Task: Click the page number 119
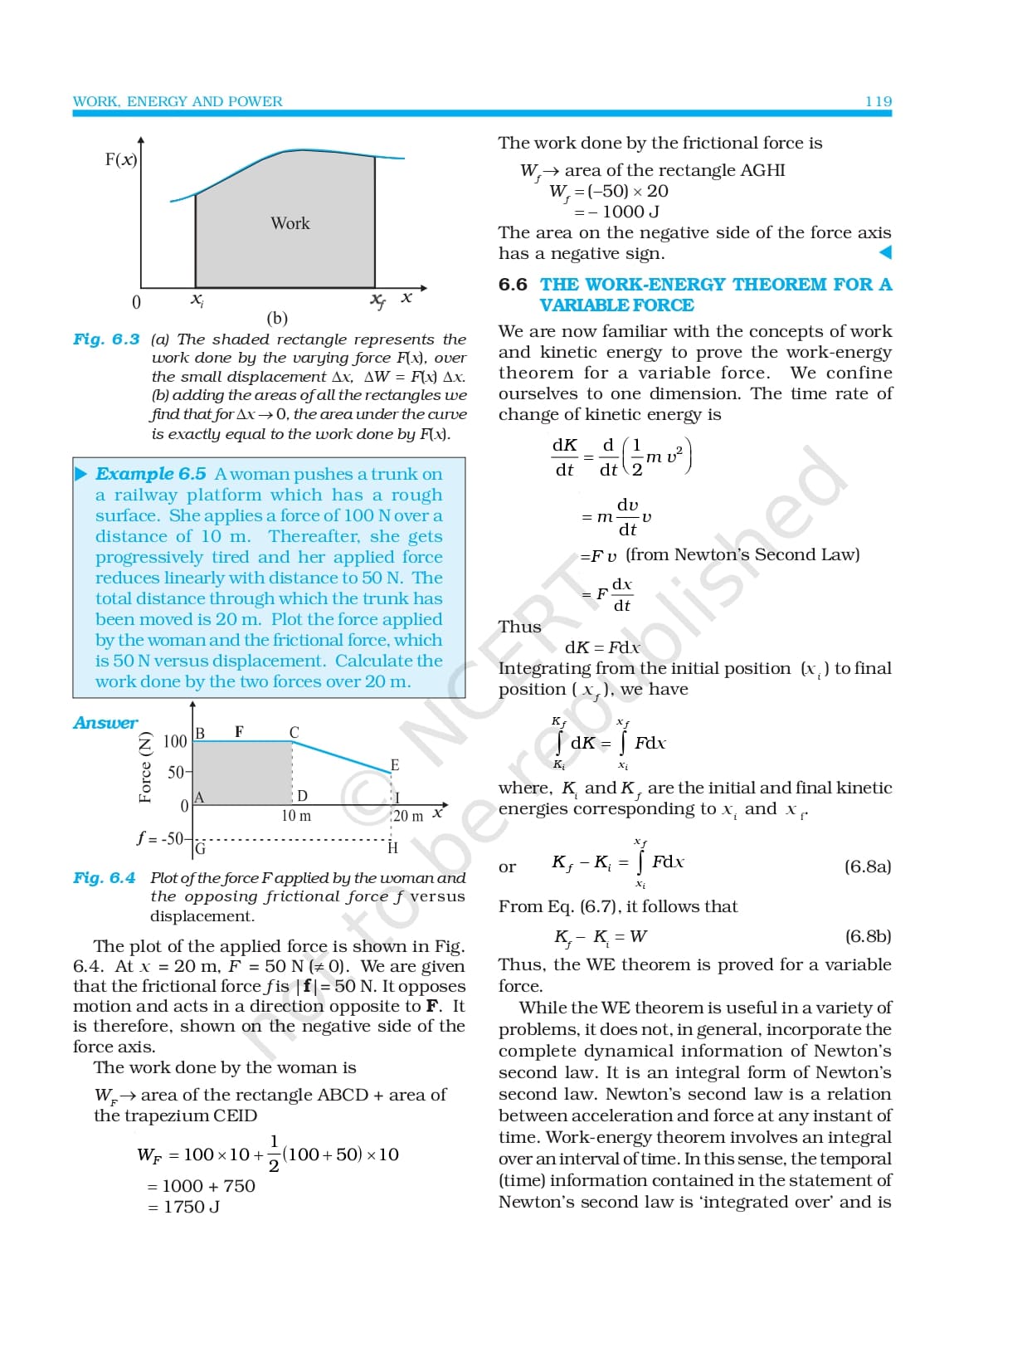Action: tap(878, 101)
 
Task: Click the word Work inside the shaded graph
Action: tap(290, 223)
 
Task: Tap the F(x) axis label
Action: tap(121, 159)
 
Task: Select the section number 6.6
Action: tap(513, 285)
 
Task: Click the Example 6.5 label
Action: tap(150, 474)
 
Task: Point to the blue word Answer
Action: tap(105, 723)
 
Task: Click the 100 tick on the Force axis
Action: tap(175, 741)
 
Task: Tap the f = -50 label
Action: tap(161, 838)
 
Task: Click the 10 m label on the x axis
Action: tap(296, 816)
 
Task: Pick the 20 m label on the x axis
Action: tap(407, 816)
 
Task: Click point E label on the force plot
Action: tap(395, 765)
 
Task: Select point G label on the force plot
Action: tap(200, 848)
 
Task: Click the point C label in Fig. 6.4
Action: tap(294, 732)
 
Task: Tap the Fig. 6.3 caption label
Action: tap(106, 339)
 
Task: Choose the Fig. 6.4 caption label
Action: tap(104, 878)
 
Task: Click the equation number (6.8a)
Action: tap(868, 866)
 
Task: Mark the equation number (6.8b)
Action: tap(868, 936)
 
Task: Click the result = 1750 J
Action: tap(184, 1207)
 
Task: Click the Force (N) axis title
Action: tap(145, 767)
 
